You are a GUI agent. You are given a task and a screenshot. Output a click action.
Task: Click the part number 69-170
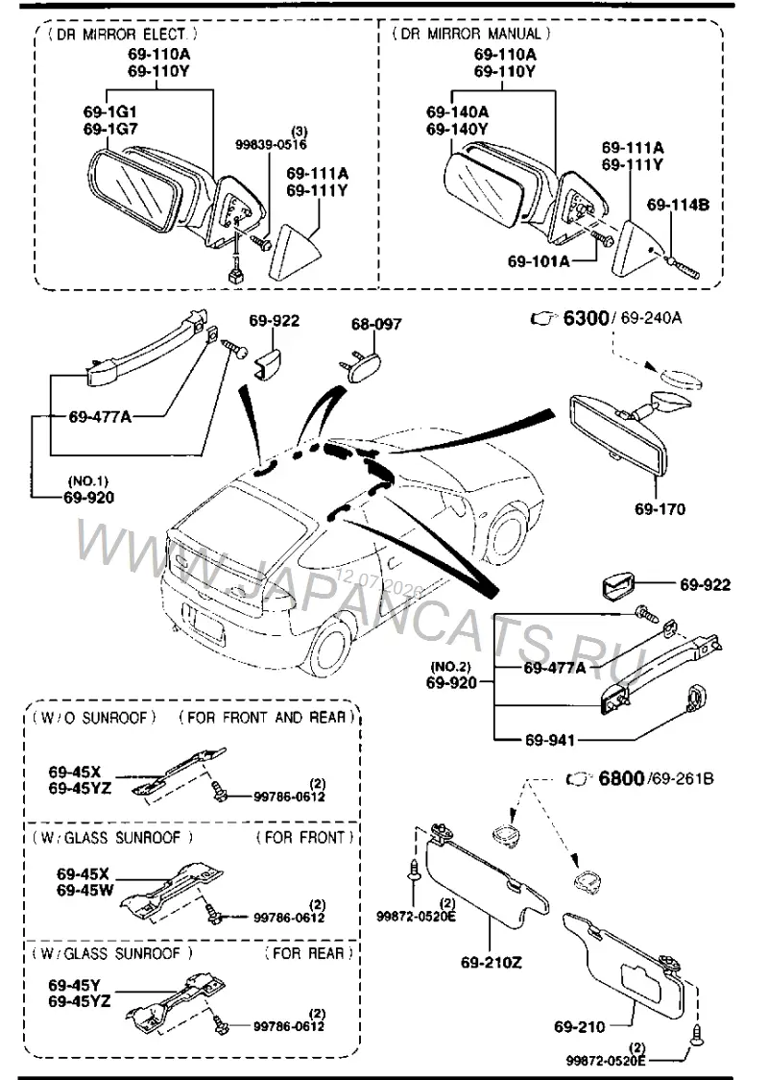(660, 509)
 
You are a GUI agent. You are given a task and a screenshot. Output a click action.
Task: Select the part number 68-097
(375, 324)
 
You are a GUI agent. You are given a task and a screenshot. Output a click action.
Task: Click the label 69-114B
(678, 205)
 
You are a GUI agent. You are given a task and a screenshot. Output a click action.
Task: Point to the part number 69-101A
(539, 261)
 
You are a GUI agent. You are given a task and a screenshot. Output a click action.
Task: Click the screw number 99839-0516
(271, 145)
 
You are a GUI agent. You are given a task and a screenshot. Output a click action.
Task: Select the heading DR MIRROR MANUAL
(470, 33)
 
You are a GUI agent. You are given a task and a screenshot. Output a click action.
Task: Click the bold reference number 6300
(586, 317)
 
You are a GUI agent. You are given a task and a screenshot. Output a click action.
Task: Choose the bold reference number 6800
(621, 778)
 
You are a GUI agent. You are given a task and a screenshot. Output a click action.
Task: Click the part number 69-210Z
(492, 962)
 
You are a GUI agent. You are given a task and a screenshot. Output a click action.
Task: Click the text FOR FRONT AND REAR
(266, 717)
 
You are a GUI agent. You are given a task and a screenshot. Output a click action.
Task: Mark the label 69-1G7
(110, 128)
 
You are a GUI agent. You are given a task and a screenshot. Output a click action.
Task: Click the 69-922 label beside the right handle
(706, 585)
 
